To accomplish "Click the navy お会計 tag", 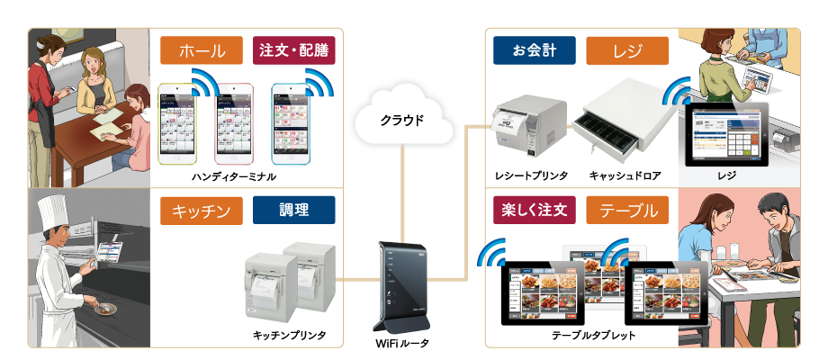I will point(535,50).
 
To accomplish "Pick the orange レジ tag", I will point(627,50).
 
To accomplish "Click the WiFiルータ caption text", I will point(401,343).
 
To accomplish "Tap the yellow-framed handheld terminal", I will point(184,125).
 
